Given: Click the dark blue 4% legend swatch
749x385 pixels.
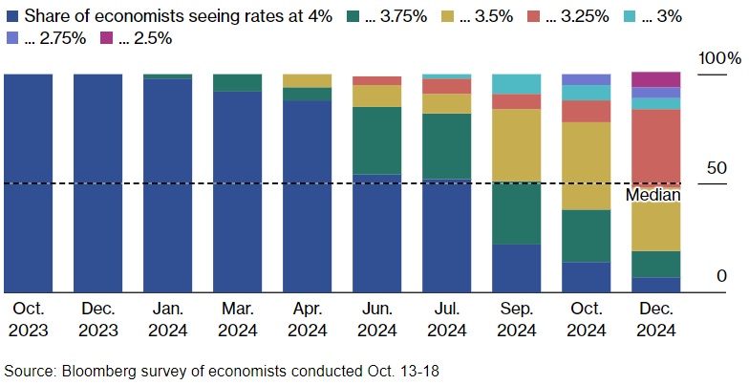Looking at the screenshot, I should click(11, 16).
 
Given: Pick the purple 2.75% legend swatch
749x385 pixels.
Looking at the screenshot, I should click(11, 37).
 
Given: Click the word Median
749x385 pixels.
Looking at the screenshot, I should click(653, 195).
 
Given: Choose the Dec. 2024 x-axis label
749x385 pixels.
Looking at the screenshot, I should click(655, 320).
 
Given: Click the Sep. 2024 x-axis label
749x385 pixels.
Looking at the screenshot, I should click(516, 320).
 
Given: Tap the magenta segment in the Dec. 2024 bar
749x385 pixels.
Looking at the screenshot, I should click(655, 79).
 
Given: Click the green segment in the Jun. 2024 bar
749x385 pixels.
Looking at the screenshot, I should click(376, 140).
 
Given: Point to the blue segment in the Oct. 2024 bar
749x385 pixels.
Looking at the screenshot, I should click(586, 277).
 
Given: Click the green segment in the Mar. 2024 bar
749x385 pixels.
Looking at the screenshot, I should click(237, 82).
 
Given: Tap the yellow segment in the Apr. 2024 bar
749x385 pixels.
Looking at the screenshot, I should click(307, 80).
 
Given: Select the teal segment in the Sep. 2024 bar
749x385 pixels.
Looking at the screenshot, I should click(516, 84).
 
